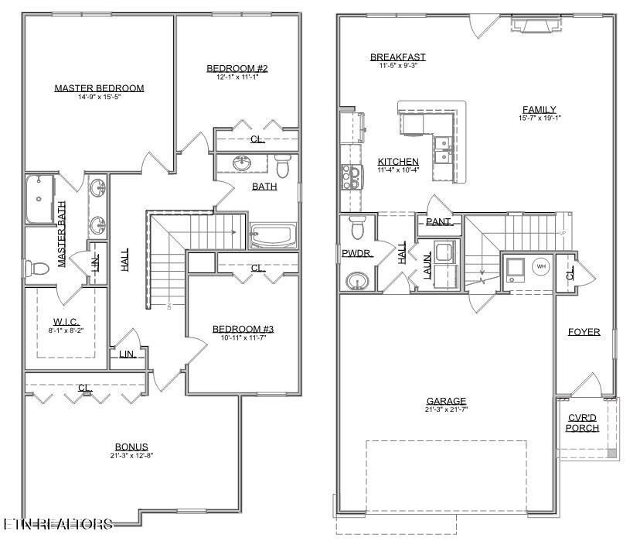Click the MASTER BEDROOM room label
tap(99, 88)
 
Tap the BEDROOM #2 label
tap(237, 69)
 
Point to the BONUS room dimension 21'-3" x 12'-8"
tap(131, 457)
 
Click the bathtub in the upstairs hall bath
tap(273, 235)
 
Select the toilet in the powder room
tap(357, 229)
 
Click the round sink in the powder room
tap(356, 279)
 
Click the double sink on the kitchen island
tap(444, 150)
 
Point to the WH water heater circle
tap(541, 267)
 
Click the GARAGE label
tap(447, 401)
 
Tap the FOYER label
tap(584, 332)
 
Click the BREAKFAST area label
tap(397, 57)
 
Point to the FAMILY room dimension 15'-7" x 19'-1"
tap(540, 118)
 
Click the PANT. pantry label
tap(438, 221)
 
